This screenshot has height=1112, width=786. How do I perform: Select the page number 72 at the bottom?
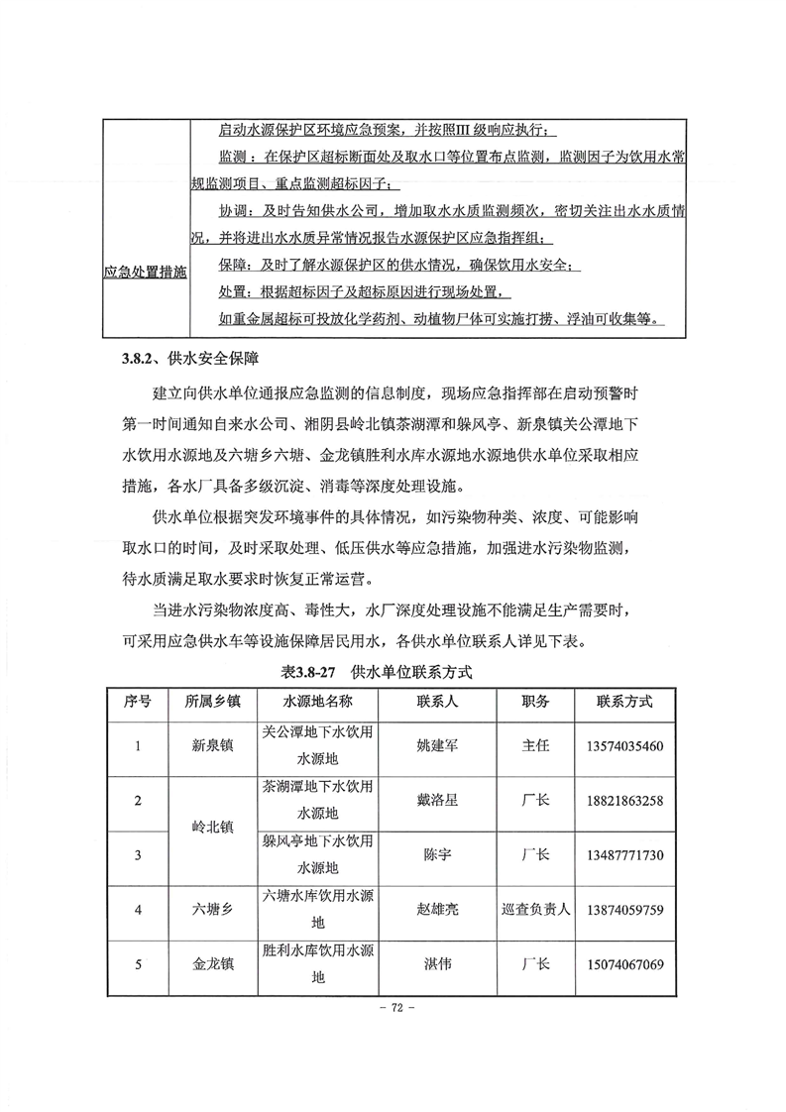393,1008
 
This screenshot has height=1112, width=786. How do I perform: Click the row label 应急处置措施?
146,270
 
